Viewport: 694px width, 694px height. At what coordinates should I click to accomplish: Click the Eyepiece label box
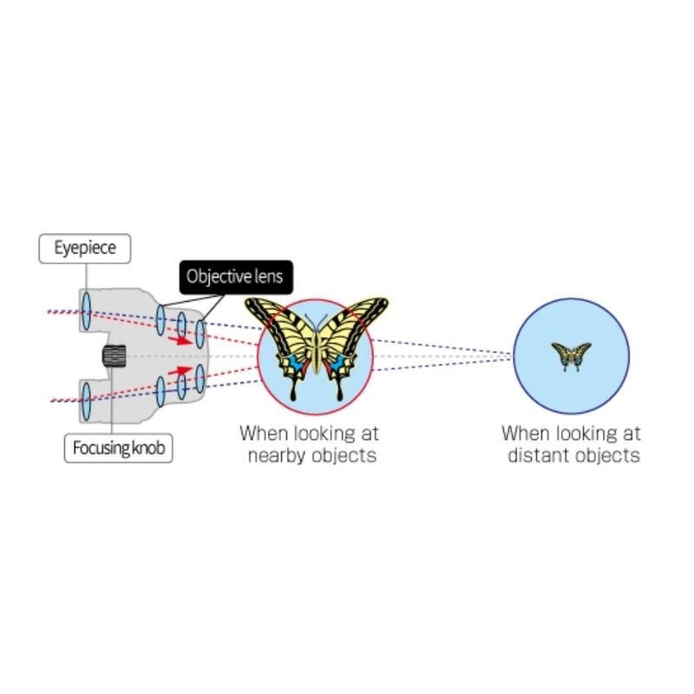click(84, 248)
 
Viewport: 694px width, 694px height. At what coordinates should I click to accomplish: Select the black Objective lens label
click(236, 277)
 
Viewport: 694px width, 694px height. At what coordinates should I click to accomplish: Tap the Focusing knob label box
click(118, 448)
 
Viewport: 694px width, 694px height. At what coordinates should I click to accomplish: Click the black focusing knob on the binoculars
click(115, 356)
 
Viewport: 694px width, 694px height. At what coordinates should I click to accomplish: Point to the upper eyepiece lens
click(86, 311)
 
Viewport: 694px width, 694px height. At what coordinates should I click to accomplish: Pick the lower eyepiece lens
click(86, 402)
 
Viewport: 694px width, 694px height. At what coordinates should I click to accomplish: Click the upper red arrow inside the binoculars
click(179, 340)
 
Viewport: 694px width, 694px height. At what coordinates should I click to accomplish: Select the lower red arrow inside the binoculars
click(179, 371)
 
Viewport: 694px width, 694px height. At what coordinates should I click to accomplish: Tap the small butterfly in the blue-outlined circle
click(571, 357)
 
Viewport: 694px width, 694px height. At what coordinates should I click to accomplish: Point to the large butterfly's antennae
click(316, 322)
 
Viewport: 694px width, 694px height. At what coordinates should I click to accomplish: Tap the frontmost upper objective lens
click(200, 334)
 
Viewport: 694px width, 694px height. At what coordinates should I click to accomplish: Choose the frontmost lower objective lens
click(200, 378)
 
